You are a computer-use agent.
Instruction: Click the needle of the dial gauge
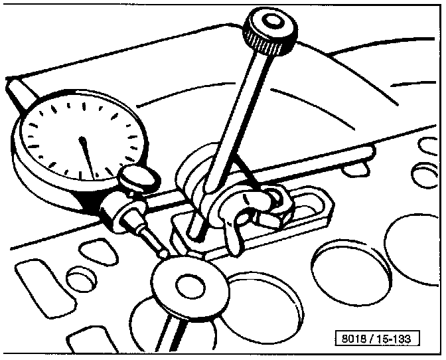tap(87, 157)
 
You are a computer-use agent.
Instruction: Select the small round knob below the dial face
tap(134, 177)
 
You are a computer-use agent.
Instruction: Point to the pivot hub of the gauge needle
tap(82, 141)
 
